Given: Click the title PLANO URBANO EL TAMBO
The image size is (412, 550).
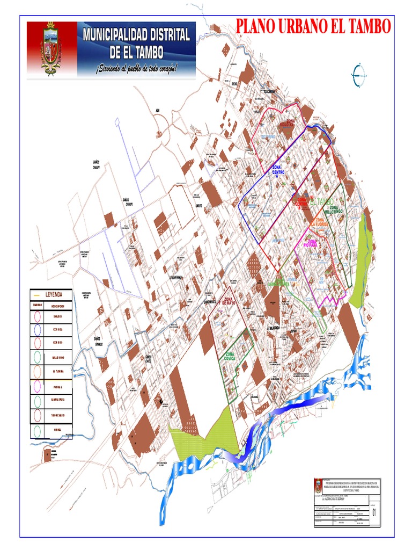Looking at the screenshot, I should click(x=313, y=26).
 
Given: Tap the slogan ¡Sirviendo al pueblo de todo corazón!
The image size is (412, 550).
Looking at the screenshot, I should click(x=136, y=68).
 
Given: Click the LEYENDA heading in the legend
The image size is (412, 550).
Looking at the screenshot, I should click(x=54, y=294).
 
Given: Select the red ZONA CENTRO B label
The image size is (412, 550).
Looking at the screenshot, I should click(x=301, y=202).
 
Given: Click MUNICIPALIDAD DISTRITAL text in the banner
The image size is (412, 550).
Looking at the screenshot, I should click(x=136, y=35).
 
